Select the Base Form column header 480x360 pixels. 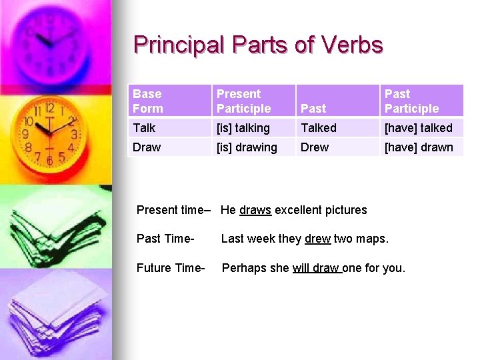pyautogui.click(x=148, y=101)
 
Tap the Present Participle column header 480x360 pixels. pyautogui.click(x=243, y=101)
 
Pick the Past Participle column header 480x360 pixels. pyautogui.click(x=411, y=101)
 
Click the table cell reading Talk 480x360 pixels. pyautogui.click(x=144, y=128)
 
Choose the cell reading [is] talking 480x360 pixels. pyautogui.click(x=243, y=128)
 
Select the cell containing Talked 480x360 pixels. pyautogui.click(x=319, y=128)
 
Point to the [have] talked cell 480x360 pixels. pyautogui.click(x=418, y=128)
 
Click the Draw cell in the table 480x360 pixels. pyautogui.click(x=147, y=147)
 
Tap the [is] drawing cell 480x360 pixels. pyautogui.click(x=247, y=147)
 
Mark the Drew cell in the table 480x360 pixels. pyautogui.click(x=315, y=147)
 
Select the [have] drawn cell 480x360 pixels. pyautogui.click(x=419, y=147)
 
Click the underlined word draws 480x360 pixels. pyautogui.click(x=255, y=210)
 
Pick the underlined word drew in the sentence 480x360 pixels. pyautogui.click(x=318, y=239)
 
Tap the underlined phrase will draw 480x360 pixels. pyautogui.click(x=316, y=268)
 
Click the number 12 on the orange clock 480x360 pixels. pyautogui.click(x=49, y=108)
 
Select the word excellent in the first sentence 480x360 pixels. pyautogui.click(x=298, y=210)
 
